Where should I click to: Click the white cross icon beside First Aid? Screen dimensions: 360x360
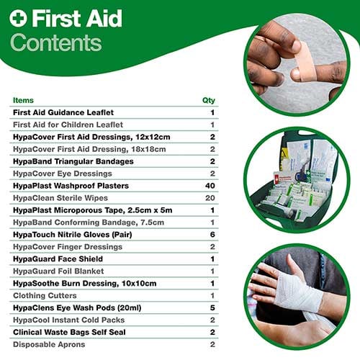coord(18,18)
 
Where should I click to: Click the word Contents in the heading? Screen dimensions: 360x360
coord(56,42)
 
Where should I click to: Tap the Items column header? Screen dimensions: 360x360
coord(23,100)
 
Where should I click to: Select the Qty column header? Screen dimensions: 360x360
coord(209,101)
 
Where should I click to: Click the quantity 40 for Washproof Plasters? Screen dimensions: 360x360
coord(210,186)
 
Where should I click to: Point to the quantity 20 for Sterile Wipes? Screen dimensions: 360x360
coord(210,198)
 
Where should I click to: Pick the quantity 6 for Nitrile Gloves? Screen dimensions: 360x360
coord(212,235)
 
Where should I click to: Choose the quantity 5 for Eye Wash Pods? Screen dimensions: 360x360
coord(212,307)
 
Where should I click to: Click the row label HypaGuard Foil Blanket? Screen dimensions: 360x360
coord(58,271)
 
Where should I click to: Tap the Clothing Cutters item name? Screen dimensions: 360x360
coord(45,296)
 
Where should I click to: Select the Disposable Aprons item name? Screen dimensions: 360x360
coord(49,345)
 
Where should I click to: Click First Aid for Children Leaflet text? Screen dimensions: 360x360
coord(68,125)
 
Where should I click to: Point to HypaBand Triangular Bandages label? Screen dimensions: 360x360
coord(73,161)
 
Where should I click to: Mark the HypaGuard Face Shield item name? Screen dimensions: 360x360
coord(58,259)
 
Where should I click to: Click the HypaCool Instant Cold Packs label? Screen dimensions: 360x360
coord(69,320)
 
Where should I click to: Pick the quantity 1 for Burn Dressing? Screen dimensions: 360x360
coord(212,284)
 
